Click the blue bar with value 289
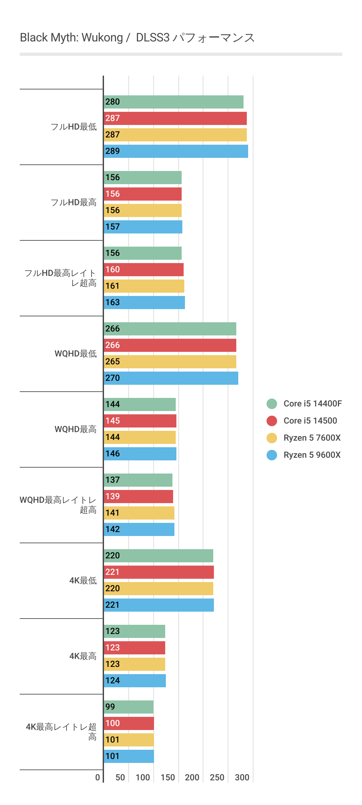click(176, 151)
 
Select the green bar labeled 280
click(173, 102)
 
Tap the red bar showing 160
click(143, 270)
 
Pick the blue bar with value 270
click(171, 378)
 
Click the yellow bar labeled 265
click(170, 362)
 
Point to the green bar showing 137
click(138, 480)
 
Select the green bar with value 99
click(128, 707)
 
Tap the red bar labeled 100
click(129, 723)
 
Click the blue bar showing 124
click(135, 681)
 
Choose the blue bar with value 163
click(144, 303)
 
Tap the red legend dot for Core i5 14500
click(272, 421)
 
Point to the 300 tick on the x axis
click(242, 777)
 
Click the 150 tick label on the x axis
click(168, 777)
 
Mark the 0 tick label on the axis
click(97, 777)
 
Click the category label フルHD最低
click(74, 127)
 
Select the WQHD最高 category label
click(75, 429)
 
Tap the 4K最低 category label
click(83, 580)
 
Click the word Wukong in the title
click(102, 38)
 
